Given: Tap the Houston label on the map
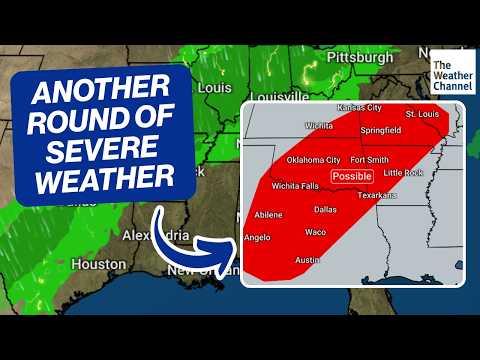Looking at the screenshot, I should [99, 265].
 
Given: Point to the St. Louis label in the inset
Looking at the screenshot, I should [421, 113].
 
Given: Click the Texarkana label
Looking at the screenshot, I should [375, 195].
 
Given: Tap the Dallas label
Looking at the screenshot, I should [324, 210].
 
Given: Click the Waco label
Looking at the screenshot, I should [316, 232].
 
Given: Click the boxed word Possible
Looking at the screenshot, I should [351, 176].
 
